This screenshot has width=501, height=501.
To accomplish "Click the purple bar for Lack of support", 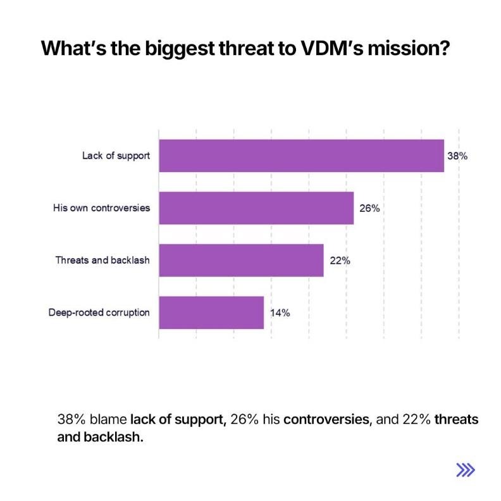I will [x=301, y=156].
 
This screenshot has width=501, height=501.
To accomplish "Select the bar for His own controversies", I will [x=256, y=207].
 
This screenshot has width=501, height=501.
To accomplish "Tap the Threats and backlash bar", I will [x=241, y=260].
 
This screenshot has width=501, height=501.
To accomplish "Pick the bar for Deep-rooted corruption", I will [x=211, y=312].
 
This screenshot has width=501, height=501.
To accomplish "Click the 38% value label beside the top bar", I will [x=457, y=156].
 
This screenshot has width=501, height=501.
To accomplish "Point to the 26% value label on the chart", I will [x=369, y=207].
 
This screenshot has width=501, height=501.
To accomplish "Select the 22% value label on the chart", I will [x=340, y=260].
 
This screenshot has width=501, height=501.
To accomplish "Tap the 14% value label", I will [x=280, y=312].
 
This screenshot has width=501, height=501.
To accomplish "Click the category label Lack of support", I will [x=116, y=156].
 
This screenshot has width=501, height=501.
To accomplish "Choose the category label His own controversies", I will [x=101, y=207].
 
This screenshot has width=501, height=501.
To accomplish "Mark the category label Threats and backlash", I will [x=102, y=260].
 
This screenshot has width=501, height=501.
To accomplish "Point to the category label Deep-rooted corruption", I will [x=99, y=312].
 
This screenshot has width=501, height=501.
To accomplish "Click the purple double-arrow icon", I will [x=466, y=469].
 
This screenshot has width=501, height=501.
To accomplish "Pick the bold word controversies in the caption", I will [x=326, y=419].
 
